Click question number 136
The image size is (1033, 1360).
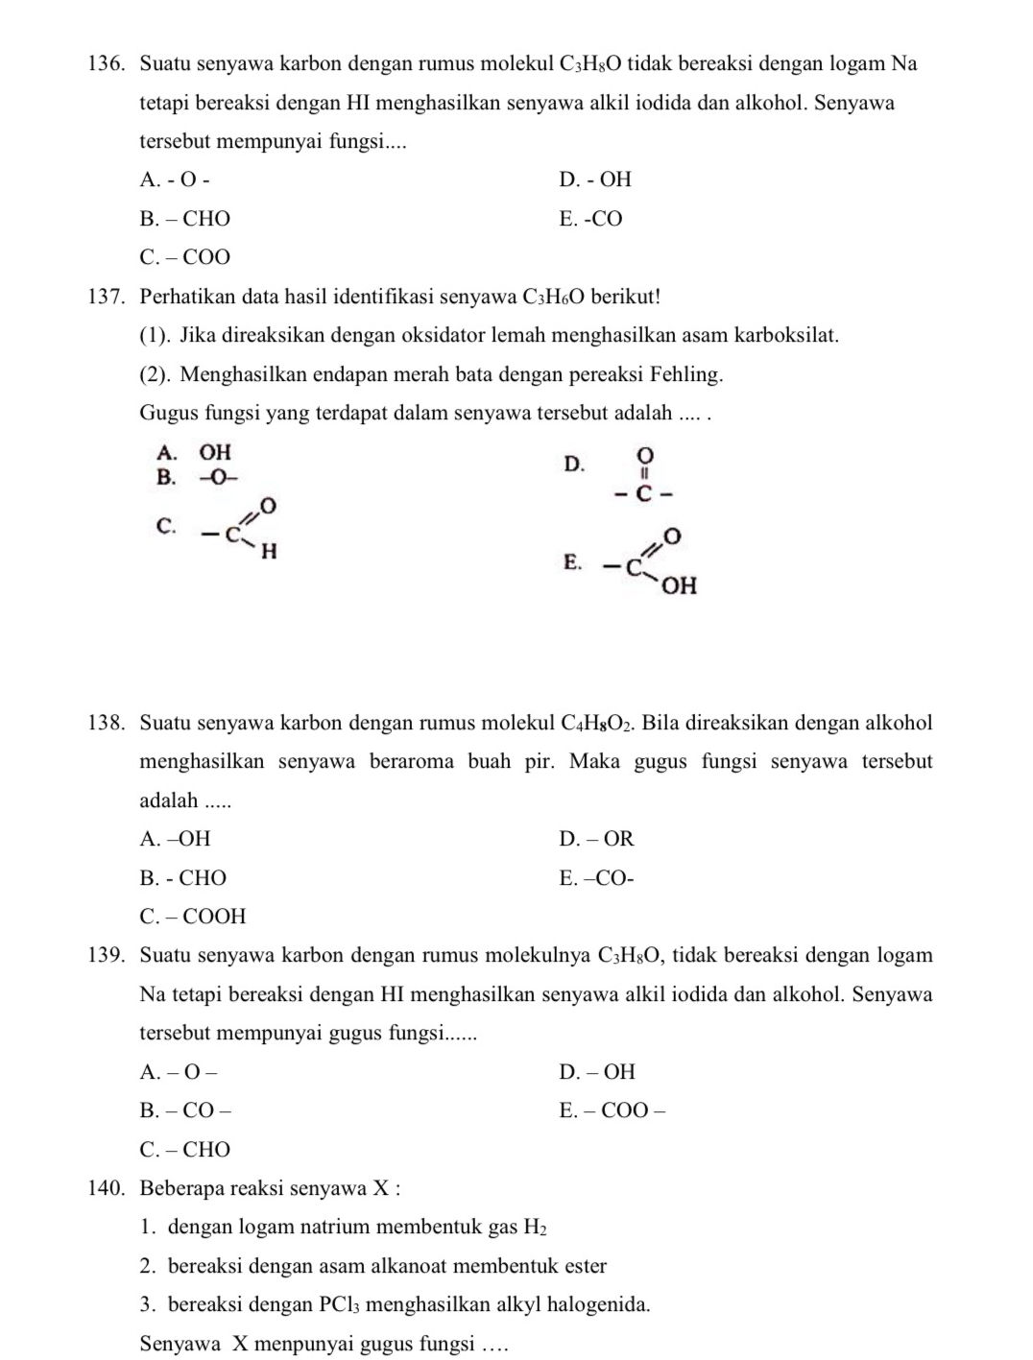tap(107, 64)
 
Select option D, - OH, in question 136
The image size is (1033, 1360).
tap(595, 179)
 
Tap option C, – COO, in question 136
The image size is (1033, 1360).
tap(185, 257)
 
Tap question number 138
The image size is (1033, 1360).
tap(107, 723)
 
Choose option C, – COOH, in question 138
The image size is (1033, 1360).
tap(193, 917)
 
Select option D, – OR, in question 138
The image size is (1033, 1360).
tap(596, 839)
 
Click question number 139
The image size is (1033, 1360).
tap(107, 955)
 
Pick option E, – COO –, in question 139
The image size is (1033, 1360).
tap(613, 1110)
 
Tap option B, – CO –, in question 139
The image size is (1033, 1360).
tap(185, 1110)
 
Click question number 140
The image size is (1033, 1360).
tap(107, 1188)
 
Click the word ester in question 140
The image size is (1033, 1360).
tap(586, 1266)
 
